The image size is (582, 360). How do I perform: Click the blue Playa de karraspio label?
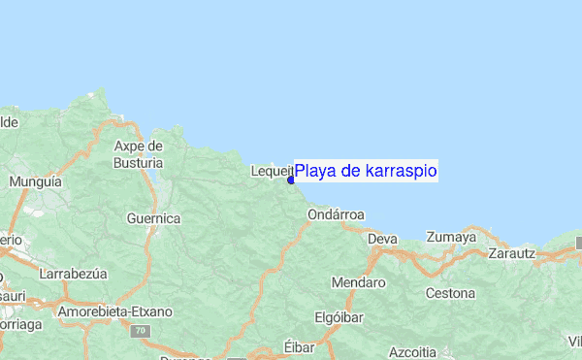[x=366, y=172]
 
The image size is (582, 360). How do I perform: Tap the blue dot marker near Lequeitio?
[x=291, y=180]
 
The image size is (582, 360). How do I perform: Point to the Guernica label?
[x=153, y=218]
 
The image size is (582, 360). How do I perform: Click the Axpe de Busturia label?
[x=138, y=154]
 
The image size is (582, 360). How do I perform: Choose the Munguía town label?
[x=35, y=181]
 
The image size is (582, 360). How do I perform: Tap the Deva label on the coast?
[x=382, y=238]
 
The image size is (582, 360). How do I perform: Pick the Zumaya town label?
[x=451, y=237]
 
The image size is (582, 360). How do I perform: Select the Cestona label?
[x=450, y=293]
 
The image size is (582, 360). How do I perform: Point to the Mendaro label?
[x=358, y=283]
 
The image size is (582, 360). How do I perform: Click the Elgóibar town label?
[x=340, y=317]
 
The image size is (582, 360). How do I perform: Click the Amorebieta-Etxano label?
[x=114, y=311]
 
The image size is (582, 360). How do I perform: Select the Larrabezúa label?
[x=73, y=275]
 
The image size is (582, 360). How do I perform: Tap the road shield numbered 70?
[x=141, y=331]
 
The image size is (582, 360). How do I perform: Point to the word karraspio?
[x=401, y=172]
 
